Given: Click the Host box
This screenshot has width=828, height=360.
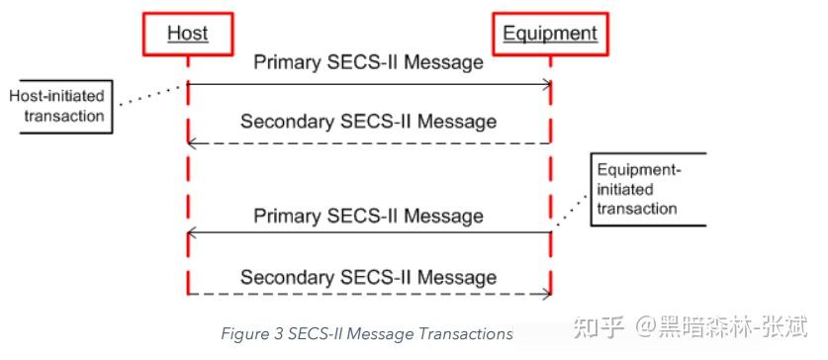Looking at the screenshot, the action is coord(187,34).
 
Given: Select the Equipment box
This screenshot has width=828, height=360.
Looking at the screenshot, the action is coord(550,34).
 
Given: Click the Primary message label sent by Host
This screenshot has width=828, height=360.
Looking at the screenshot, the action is coord(368,62).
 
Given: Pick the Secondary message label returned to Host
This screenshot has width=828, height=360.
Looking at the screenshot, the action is coord(368,122).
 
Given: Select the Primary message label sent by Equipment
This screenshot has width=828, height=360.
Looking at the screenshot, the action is coord(368,215).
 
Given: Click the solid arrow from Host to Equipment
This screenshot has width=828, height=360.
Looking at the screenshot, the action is coord(368,86).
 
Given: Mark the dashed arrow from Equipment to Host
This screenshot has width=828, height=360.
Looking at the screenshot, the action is coord(368,144).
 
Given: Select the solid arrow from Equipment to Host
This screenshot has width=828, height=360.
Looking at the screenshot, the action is coord(368,234).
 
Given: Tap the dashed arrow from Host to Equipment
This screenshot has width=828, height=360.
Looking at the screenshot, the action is coord(368,294).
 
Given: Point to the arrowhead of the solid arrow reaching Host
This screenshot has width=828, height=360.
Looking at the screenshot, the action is coord(193,234).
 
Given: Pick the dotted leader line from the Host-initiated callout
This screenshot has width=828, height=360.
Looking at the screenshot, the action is coord(148,96).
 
